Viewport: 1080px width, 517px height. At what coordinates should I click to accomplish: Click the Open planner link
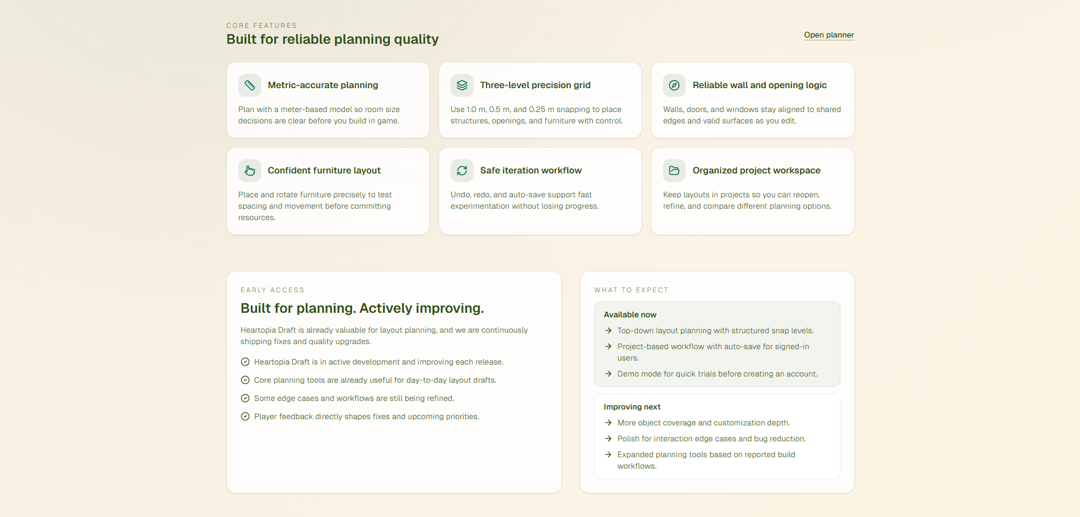pyautogui.click(x=828, y=35)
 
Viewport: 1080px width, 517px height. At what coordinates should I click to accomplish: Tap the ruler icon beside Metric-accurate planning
pyautogui.click(x=250, y=85)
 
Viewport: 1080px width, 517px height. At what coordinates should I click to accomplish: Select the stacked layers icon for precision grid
pyautogui.click(x=462, y=85)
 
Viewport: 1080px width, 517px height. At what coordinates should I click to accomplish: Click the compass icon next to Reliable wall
pyautogui.click(x=674, y=85)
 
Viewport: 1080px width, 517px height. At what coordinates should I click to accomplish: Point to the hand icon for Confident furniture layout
pyautogui.click(x=250, y=171)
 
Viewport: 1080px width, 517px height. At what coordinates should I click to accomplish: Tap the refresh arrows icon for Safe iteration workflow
pyautogui.click(x=462, y=171)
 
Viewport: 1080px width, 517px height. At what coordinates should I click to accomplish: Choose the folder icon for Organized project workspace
pyautogui.click(x=674, y=171)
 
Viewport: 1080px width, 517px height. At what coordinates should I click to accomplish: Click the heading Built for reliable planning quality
pyautogui.click(x=332, y=39)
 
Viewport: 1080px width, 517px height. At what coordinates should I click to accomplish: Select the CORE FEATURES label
pyautogui.click(x=261, y=26)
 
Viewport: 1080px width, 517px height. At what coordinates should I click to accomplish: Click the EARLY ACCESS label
pyautogui.click(x=272, y=290)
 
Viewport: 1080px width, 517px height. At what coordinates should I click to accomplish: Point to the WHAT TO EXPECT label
pyautogui.click(x=631, y=290)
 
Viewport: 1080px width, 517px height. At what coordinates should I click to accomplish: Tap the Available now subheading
pyautogui.click(x=630, y=315)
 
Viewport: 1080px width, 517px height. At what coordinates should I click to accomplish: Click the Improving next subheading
pyautogui.click(x=632, y=407)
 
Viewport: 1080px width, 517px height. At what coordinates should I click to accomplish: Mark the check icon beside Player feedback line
pyautogui.click(x=245, y=416)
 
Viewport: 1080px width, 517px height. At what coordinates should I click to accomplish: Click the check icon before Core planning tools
pyautogui.click(x=245, y=380)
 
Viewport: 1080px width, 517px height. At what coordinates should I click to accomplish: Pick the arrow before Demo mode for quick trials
pyautogui.click(x=608, y=374)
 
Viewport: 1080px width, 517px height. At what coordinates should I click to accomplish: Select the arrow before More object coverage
pyautogui.click(x=608, y=423)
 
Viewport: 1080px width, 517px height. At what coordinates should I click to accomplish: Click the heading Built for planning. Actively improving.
pyautogui.click(x=362, y=308)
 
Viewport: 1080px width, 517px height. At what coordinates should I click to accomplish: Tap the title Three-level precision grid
pyautogui.click(x=535, y=85)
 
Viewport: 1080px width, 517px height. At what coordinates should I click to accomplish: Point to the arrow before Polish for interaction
pyautogui.click(x=608, y=439)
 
